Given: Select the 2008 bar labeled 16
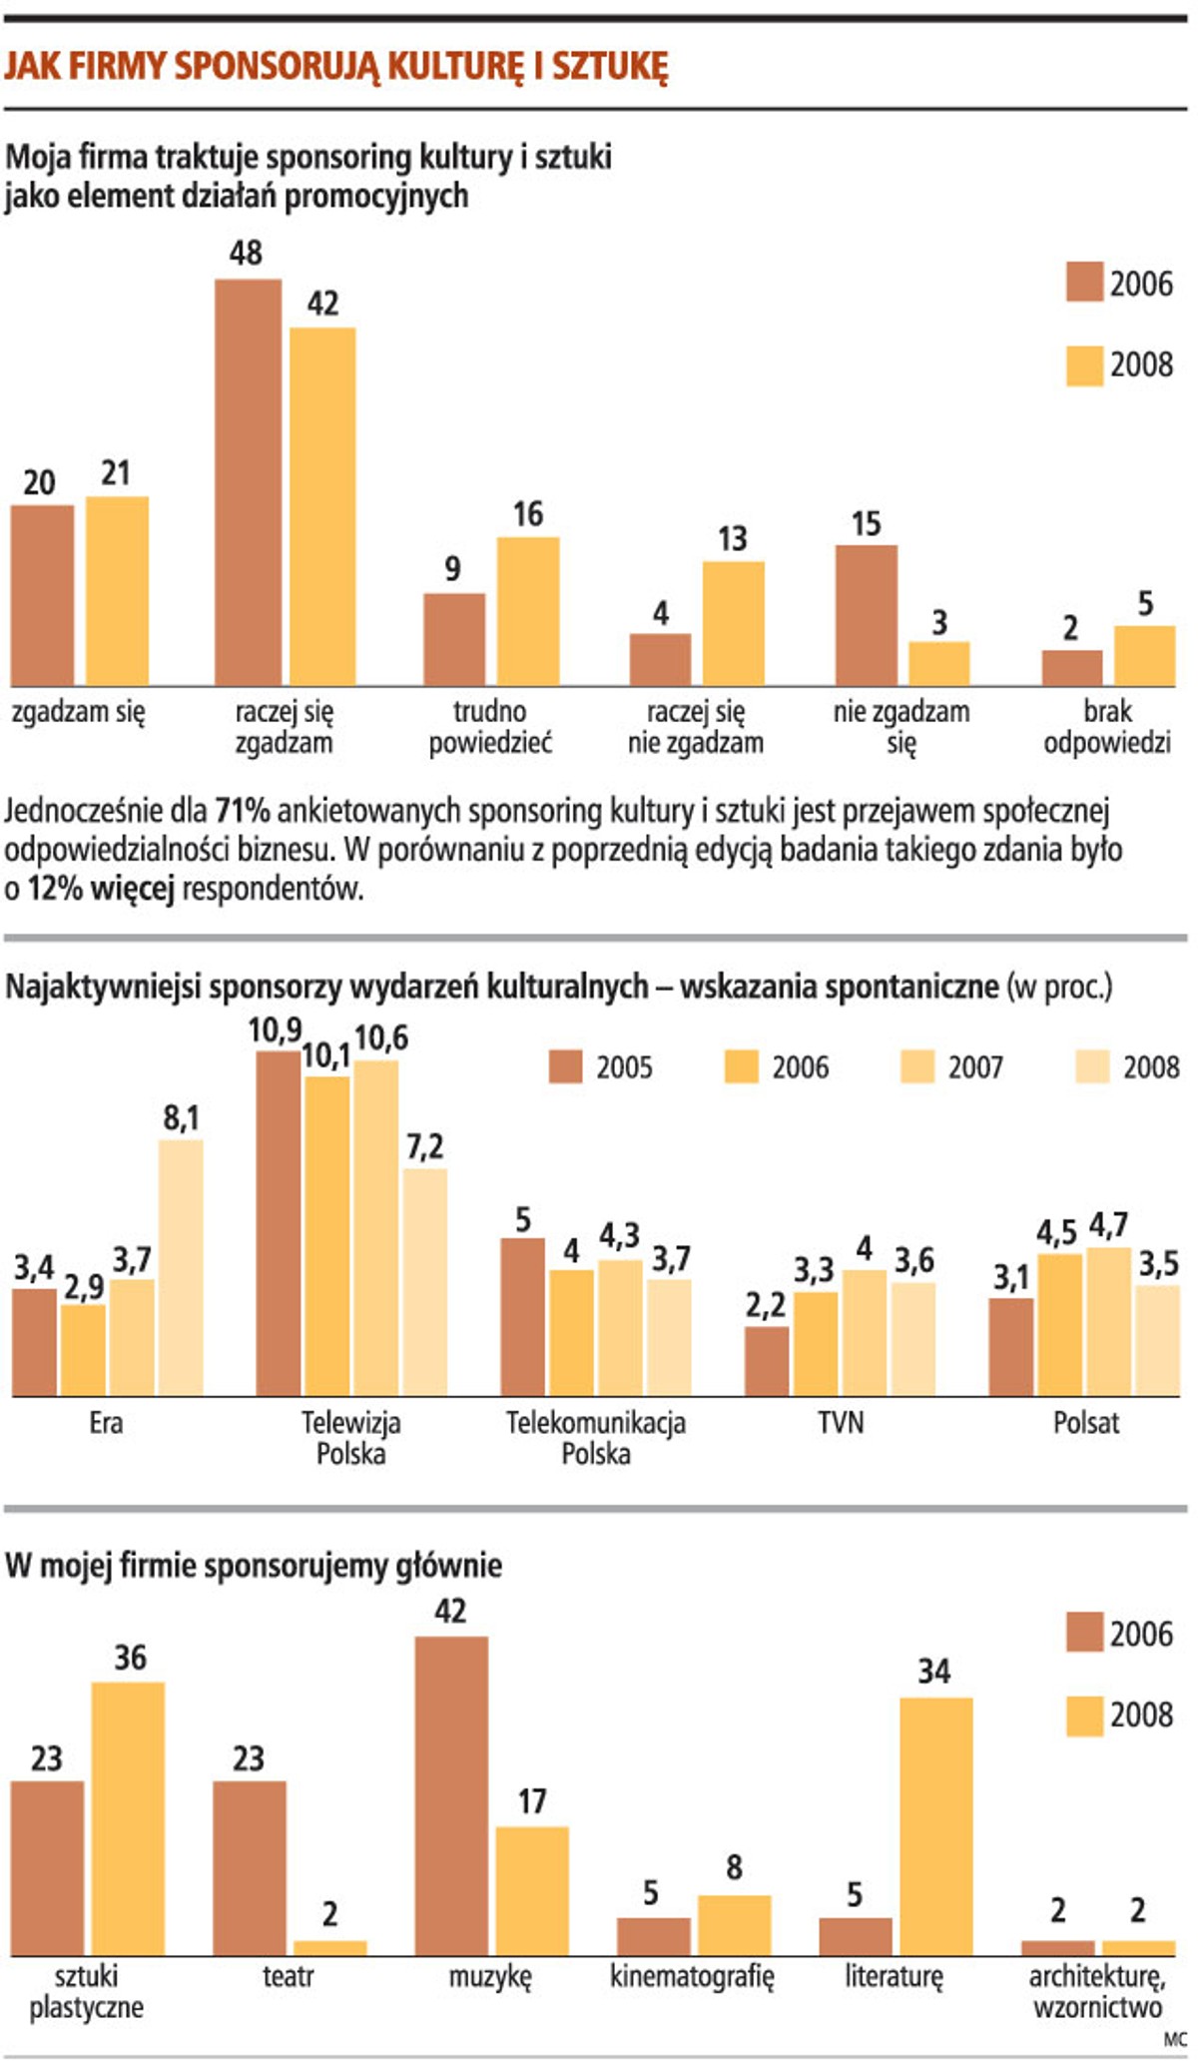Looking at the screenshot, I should tap(528, 611).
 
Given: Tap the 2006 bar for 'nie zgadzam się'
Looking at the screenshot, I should tap(866, 615).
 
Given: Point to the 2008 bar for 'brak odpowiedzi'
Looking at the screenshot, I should tap(1144, 656).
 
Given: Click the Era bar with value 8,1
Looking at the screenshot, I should tap(181, 1267).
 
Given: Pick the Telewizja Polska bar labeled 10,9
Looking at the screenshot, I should tap(279, 1223).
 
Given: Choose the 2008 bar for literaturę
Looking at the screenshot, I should tap(935, 1826).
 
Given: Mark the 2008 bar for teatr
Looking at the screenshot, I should tap(330, 1947).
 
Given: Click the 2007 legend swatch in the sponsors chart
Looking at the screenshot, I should tap(917, 1067).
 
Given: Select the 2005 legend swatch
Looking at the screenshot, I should tap(565, 1067).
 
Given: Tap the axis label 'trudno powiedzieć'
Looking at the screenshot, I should tap(489, 727).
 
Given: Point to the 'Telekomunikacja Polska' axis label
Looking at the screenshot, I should tap(596, 1437).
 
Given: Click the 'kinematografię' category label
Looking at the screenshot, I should tap(692, 1976).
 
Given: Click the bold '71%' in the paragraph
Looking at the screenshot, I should tap(243, 811).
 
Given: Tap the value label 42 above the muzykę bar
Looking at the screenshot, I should tap(450, 1611).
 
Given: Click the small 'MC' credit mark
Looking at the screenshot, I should tap(1175, 2042).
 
